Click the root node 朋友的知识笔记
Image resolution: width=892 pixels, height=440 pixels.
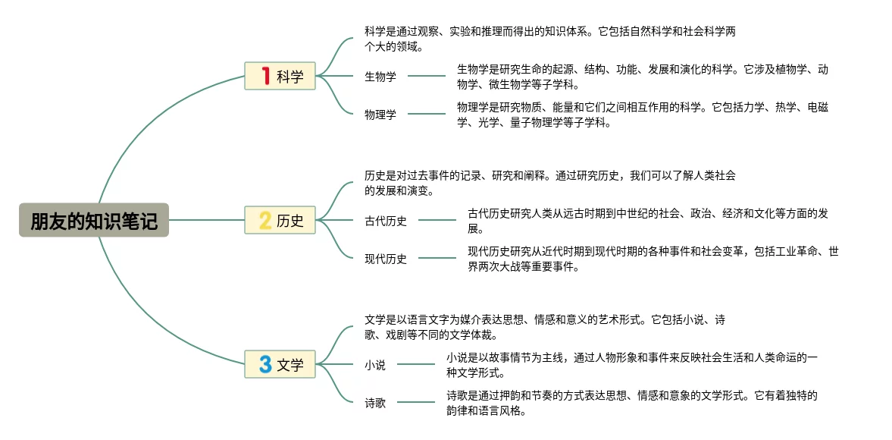click(x=94, y=221)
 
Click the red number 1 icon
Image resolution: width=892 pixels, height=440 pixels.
click(x=265, y=76)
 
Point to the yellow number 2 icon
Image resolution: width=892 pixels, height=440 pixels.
click(x=265, y=221)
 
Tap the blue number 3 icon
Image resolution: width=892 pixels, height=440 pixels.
click(x=265, y=365)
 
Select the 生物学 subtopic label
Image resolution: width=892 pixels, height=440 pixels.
click(x=380, y=76)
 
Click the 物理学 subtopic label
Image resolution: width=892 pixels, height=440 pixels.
click(x=380, y=115)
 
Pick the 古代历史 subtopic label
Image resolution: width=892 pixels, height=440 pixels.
click(x=386, y=221)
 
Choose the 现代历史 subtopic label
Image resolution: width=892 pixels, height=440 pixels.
click(x=386, y=259)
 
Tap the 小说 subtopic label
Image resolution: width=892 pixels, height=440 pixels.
click(x=375, y=365)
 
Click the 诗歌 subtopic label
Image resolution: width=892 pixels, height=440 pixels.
click(x=375, y=403)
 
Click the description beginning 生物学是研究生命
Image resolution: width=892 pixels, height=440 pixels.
click(x=642, y=76)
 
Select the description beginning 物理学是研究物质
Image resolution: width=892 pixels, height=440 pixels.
click(x=642, y=115)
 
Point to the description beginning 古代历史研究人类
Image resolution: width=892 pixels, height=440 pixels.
click(x=647, y=221)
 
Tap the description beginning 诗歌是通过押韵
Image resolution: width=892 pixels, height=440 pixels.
click(x=631, y=403)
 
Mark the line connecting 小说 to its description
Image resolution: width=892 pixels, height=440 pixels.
click(x=416, y=365)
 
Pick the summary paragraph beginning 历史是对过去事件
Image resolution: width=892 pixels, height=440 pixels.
click(x=549, y=183)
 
